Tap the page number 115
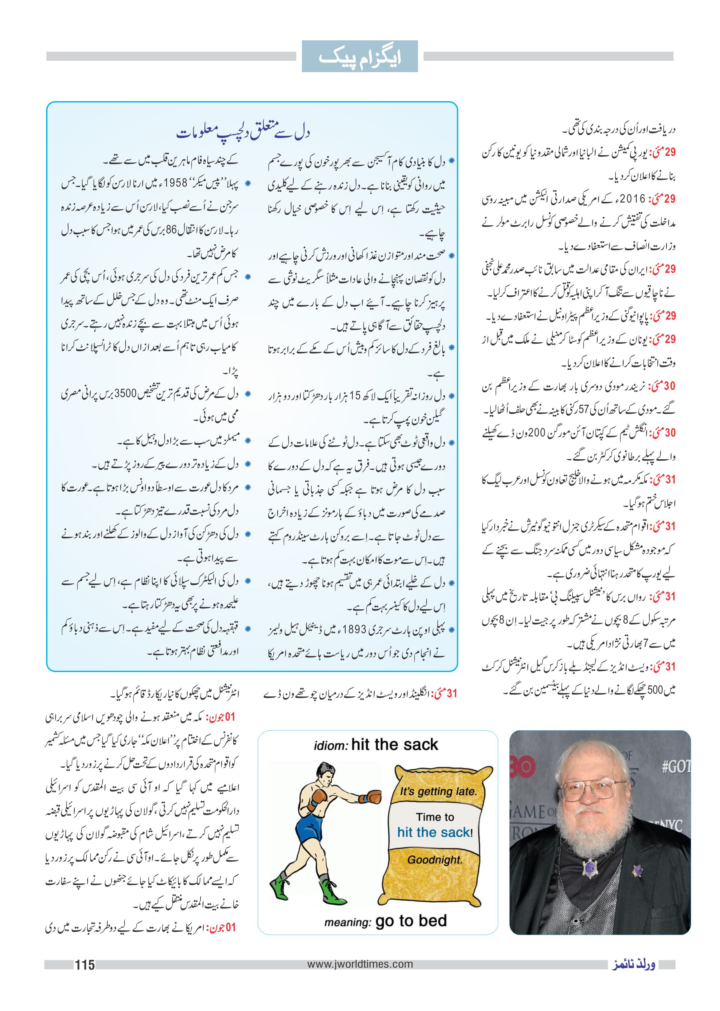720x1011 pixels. (x=84, y=965)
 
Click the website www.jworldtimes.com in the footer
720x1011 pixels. (x=360, y=964)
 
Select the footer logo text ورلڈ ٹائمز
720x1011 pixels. (x=633, y=965)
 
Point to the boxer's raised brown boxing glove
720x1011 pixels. (x=374, y=797)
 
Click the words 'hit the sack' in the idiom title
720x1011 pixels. (x=394, y=745)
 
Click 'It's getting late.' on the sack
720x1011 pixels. (x=438, y=791)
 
